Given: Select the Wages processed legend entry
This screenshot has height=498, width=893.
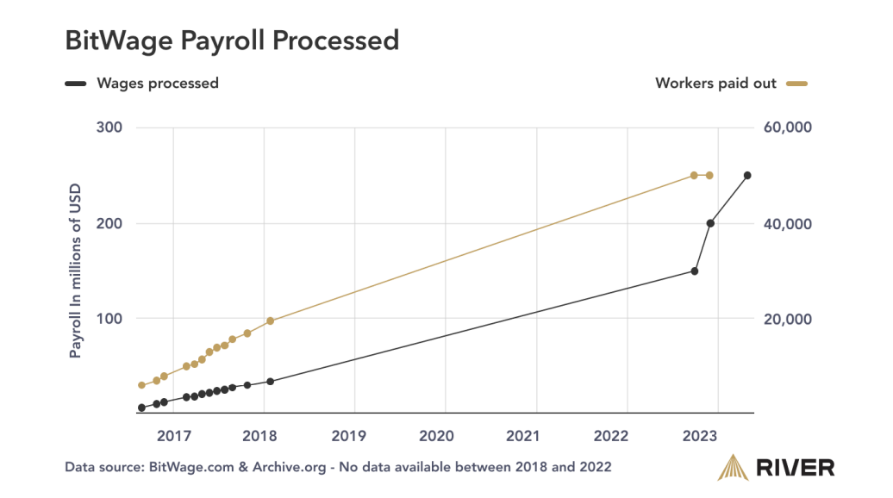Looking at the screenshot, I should click(x=158, y=84).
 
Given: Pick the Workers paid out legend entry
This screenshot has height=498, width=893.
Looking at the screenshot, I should click(x=715, y=84).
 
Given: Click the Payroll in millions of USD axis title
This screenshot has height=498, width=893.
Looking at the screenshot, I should click(x=76, y=271).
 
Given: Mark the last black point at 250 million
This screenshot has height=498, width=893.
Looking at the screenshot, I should click(x=747, y=176).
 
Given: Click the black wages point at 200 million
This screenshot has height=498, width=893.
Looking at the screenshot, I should click(x=710, y=223).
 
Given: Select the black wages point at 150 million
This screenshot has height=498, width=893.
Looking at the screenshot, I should click(x=694, y=271).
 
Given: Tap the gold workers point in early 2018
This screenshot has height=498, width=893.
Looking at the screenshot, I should click(x=270, y=321).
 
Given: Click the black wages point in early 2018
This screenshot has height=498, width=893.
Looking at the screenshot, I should click(x=270, y=382).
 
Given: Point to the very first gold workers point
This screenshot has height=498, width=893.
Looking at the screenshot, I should click(x=141, y=385).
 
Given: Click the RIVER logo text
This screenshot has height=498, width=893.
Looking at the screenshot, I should click(x=795, y=468).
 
